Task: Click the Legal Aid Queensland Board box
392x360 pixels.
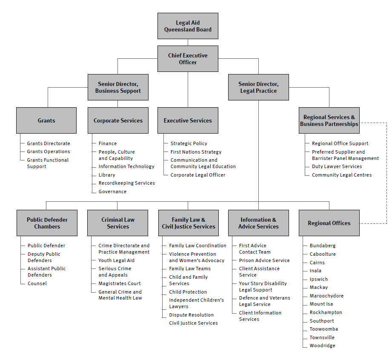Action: point(188,26)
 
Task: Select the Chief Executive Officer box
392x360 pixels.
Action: point(188,59)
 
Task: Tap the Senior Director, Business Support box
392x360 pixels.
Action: point(118,87)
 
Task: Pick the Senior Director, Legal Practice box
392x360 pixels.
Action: point(258,87)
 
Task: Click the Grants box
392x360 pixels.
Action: point(46,120)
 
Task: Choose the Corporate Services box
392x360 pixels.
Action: point(118,120)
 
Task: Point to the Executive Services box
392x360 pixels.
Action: point(188,120)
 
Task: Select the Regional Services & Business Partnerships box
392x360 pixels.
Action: point(329,120)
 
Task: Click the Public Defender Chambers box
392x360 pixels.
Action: point(47,223)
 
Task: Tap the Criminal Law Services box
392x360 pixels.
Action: point(118,223)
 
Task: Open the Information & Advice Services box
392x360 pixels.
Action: point(258,223)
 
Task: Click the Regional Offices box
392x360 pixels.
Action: point(329,223)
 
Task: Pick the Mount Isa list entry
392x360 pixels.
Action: point(321,304)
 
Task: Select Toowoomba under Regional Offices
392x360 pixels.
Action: point(323,329)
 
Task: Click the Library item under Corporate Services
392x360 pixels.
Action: point(107,175)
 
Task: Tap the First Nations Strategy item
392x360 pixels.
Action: point(196,152)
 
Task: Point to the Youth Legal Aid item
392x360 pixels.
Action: point(116,260)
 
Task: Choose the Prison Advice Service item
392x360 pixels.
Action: point(264,260)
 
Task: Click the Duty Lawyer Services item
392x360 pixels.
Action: point(337,166)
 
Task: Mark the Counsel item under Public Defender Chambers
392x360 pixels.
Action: point(37,283)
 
